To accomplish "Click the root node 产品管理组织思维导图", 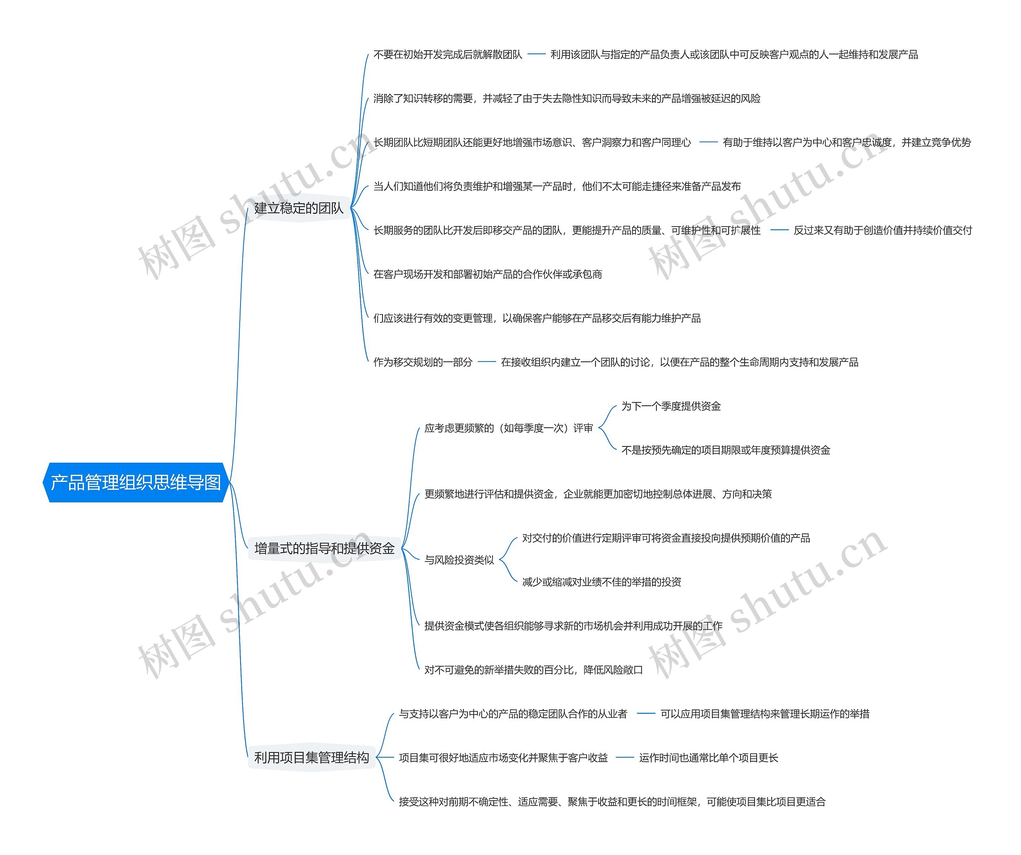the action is point(136,482).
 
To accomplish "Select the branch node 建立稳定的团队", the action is point(298,208).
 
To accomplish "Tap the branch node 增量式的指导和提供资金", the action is point(324,549).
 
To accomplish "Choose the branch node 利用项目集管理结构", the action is point(311,758).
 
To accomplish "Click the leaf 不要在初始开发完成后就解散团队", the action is point(447,55).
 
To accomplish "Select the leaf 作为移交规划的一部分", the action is point(422,362).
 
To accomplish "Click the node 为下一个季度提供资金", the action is point(671,406).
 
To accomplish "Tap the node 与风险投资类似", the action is point(459,560).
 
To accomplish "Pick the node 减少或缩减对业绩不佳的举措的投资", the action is point(601,582).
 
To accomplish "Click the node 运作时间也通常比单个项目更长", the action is point(708,758).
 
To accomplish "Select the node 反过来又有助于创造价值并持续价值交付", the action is point(883,231).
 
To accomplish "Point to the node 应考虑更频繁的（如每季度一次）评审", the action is point(509,428).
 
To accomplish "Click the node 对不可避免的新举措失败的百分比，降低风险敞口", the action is point(533,670).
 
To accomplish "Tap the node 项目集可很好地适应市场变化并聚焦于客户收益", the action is point(503,758).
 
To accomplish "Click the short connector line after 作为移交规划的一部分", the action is point(487,362).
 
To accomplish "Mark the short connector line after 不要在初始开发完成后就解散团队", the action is point(536,55).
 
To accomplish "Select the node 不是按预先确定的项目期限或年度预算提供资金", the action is point(725,450).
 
